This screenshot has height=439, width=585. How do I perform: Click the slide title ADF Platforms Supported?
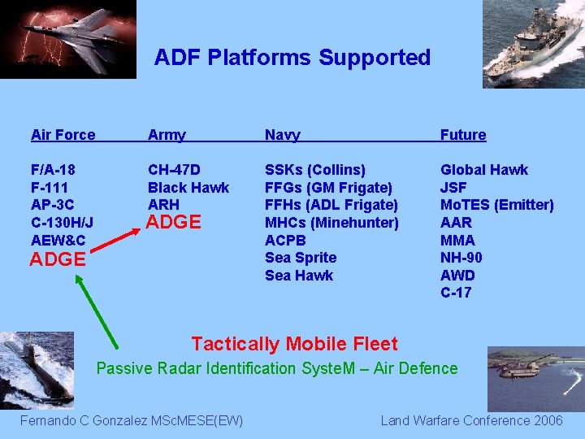click(x=292, y=58)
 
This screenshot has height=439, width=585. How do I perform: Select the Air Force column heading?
click(x=63, y=135)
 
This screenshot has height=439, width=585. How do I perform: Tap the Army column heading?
click(x=167, y=135)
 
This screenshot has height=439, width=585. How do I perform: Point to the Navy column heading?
click(x=283, y=135)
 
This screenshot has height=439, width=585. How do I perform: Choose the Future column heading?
click(x=463, y=135)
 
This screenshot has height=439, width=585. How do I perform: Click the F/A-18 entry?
click(x=53, y=170)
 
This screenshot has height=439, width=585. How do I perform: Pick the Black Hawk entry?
click(x=188, y=187)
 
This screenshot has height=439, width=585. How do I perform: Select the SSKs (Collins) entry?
click(x=315, y=170)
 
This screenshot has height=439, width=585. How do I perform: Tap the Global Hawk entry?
click(x=484, y=170)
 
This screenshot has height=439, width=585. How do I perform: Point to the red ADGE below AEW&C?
click(x=58, y=259)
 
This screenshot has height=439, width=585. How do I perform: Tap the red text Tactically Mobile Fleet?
click(x=294, y=344)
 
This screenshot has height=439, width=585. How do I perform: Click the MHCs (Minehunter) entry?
click(x=331, y=222)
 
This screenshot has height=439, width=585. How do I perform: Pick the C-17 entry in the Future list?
click(x=456, y=293)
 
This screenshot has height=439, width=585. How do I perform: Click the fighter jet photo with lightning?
click(x=67, y=38)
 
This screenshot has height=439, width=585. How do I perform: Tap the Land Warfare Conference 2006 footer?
click(x=471, y=420)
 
